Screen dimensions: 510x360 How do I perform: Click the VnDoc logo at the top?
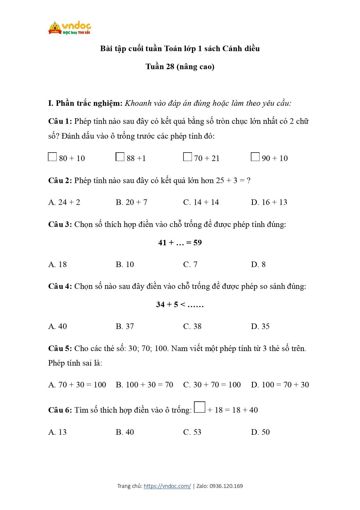point(70,28)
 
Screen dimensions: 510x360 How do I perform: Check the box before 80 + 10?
point(52,157)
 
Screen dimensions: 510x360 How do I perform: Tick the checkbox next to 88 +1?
point(120,157)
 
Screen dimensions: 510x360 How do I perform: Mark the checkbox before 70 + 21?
point(188,157)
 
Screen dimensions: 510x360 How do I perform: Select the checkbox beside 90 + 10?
point(255,157)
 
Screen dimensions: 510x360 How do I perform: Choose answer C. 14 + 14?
point(201,202)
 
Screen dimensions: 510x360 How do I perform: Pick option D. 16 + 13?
point(269,202)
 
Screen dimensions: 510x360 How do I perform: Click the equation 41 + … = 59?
point(180,243)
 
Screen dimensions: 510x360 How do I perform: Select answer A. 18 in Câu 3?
point(57,264)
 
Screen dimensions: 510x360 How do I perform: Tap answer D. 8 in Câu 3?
point(258,264)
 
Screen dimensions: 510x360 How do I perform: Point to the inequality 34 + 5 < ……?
point(180,305)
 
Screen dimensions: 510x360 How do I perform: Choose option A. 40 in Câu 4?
point(57,326)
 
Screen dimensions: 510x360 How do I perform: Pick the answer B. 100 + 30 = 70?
point(144,385)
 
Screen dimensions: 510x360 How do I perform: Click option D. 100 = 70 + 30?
point(280,385)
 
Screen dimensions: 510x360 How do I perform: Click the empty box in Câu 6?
point(200,407)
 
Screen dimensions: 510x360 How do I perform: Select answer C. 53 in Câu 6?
point(192,432)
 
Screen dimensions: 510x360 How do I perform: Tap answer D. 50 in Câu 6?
point(260,432)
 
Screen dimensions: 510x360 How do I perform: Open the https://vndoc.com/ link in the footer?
point(167,486)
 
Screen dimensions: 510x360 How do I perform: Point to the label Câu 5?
point(60,348)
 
